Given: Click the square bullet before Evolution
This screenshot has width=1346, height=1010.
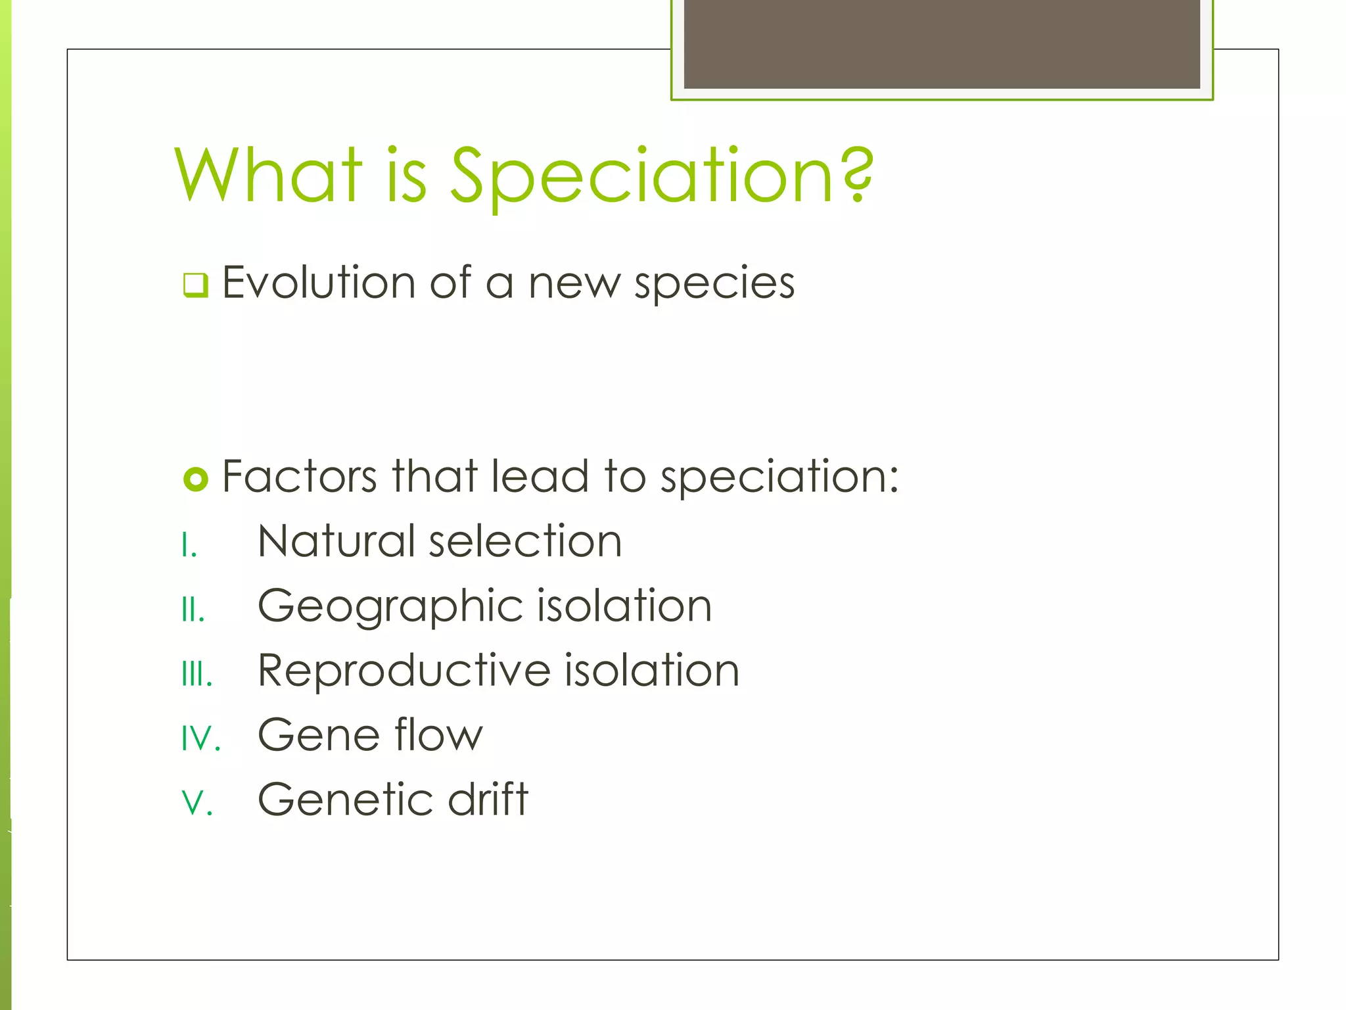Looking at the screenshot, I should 195,285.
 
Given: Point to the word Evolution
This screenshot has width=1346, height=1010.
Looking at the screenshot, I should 319,283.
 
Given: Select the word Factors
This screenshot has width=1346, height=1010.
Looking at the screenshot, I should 300,476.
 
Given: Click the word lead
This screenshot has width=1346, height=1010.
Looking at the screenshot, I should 540,476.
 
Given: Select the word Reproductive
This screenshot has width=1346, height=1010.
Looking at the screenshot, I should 404,671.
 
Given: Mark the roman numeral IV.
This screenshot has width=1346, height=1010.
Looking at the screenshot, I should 200,739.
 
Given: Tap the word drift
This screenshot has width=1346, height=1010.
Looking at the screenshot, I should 488,799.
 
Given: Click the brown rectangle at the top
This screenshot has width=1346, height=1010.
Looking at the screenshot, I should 942,43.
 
